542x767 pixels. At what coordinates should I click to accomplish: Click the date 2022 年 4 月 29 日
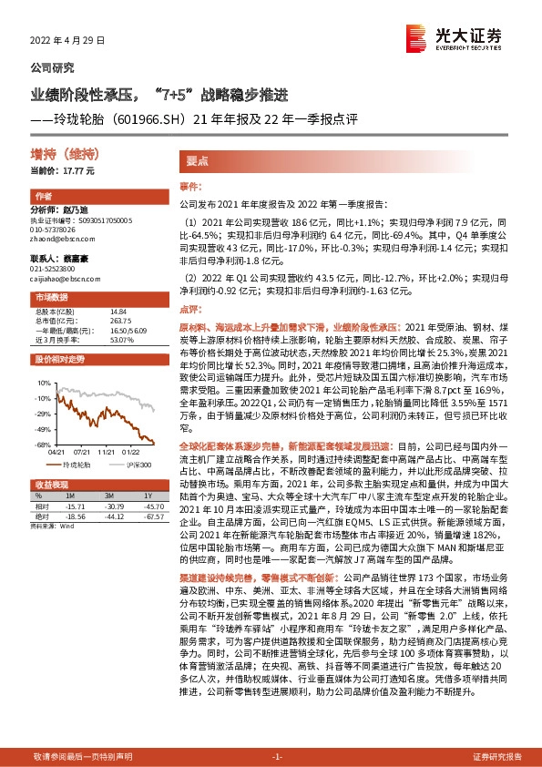(x=68, y=42)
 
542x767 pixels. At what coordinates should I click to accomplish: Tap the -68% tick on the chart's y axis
(x=41, y=445)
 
